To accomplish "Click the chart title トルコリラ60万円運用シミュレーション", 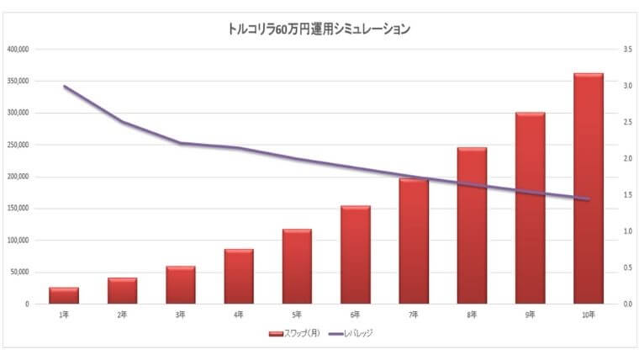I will coord(319,29).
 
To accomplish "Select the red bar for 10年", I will coord(588,188).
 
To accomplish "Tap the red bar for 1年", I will coord(64,295).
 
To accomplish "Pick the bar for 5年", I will coord(297,266).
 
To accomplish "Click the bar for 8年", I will coord(472,225).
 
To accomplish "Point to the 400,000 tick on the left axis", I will coord(18,50).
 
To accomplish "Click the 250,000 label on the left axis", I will coord(18,146).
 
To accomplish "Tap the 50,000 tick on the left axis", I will coord(19,273).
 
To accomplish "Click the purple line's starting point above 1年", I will coord(64,86).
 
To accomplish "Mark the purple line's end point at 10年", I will coord(588,199).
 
